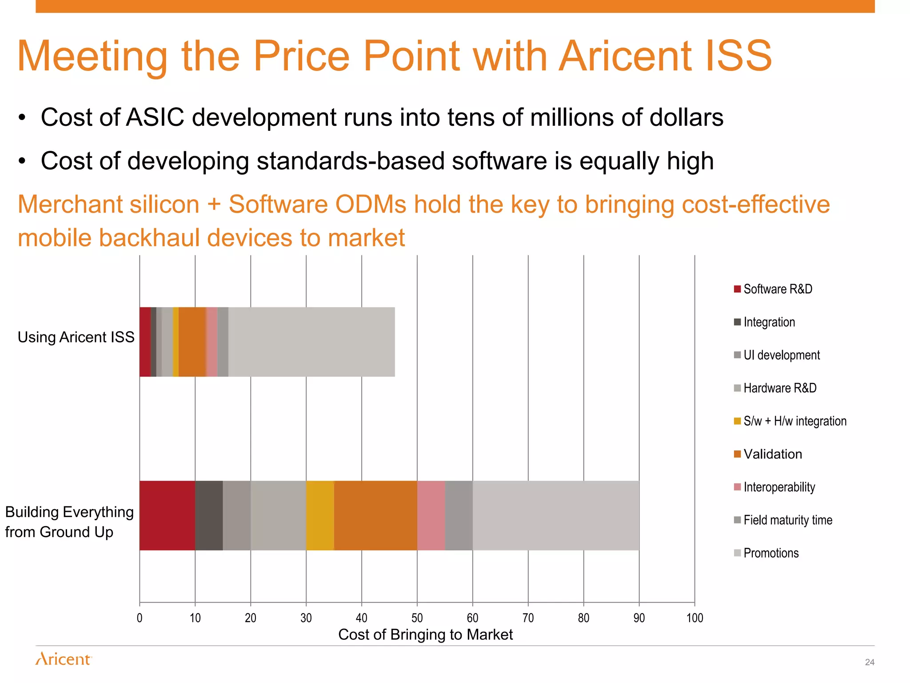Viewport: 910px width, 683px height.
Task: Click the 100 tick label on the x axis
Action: pos(694,618)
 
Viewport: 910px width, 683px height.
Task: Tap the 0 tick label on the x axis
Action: pos(140,618)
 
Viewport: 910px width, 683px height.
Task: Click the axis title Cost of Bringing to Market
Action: pos(425,635)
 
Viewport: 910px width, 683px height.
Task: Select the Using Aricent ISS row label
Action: pos(76,337)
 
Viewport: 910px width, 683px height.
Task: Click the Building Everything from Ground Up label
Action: pos(69,522)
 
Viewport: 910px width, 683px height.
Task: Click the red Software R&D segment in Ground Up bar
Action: pos(167,515)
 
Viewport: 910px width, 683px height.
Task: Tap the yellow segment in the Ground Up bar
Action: pos(320,515)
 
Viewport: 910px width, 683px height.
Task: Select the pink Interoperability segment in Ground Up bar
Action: pos(431,515)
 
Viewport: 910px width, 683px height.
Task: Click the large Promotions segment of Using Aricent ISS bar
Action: pos(311,341)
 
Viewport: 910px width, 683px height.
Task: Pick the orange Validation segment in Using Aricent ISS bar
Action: pos(192,341)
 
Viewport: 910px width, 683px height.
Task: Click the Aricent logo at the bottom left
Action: pos(64,659)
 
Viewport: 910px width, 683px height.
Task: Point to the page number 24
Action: pos(870,662)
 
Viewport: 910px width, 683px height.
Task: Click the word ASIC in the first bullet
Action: pos(155,117)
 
